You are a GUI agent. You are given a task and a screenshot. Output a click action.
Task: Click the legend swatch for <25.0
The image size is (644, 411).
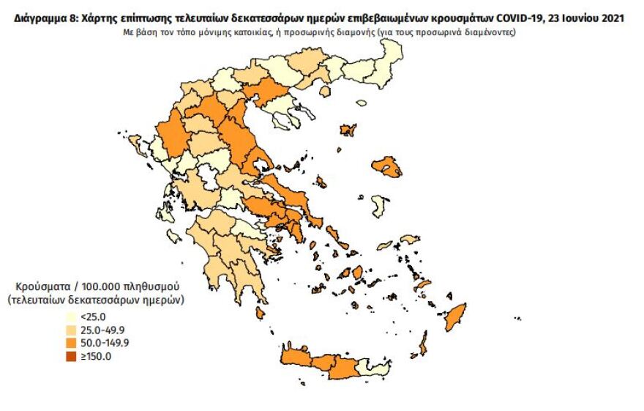click(71, 317)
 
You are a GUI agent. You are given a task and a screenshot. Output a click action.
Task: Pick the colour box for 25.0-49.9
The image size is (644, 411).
click(71, 330)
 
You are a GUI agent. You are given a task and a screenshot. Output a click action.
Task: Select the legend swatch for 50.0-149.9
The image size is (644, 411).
click(71, 342)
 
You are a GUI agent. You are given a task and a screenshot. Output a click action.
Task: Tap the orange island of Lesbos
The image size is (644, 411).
click(386, 166)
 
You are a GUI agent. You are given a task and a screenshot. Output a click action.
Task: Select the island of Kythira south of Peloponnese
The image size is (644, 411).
click(260, 313)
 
